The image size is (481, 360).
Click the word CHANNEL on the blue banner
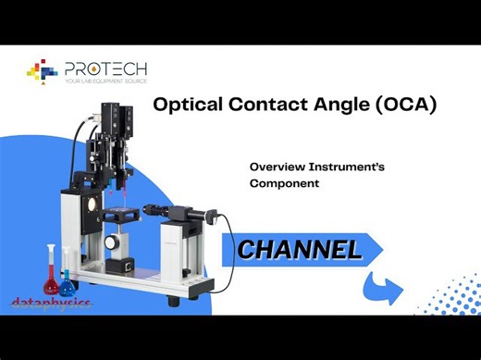tap(298, 249)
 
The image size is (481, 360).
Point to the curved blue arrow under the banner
tap(382, 286)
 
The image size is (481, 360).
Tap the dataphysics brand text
tap(50, 302)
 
